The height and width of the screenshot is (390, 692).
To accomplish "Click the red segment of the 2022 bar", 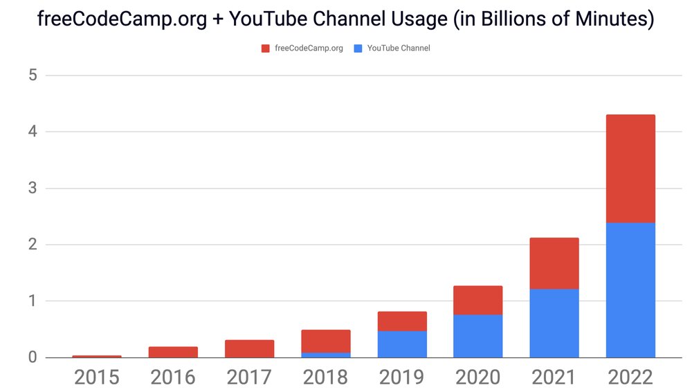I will (630, 168).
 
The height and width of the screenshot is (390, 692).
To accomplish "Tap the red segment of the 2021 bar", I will (554, 263).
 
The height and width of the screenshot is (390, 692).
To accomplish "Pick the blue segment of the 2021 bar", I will (554, 323).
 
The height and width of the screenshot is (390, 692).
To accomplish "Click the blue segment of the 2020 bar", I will (477, 336).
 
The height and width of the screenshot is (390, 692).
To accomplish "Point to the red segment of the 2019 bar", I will (401, 321).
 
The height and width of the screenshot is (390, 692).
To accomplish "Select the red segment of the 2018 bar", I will (325, 342).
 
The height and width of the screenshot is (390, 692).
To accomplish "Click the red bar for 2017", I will (249, 348).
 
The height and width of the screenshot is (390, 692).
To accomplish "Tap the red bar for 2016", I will (173, 352).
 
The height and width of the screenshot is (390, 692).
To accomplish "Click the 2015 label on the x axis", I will (97, 378).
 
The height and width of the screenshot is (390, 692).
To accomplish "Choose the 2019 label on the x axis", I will (401, 378).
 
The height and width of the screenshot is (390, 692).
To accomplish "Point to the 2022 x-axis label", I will (630, 378).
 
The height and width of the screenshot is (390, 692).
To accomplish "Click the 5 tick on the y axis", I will (33, 76).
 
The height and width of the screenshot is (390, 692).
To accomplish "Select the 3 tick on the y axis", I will (33, 188).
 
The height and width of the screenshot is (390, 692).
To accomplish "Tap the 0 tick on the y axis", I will (33, 357).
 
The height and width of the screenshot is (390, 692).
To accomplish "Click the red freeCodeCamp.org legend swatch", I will (265, 48).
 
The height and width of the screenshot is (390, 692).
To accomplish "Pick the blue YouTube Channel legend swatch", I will (358, 48).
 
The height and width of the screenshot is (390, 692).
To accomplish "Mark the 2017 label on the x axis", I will (249, 378).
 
